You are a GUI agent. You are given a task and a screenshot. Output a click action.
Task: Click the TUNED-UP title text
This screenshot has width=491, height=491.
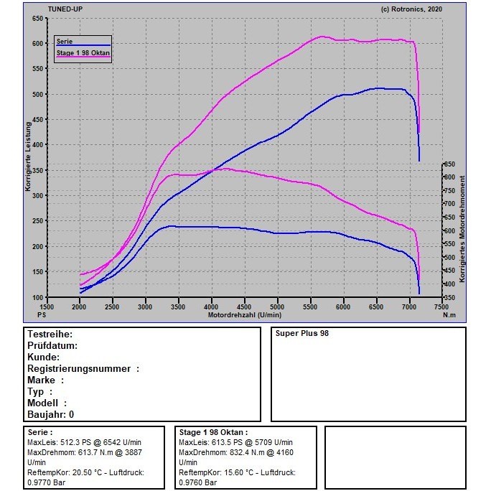click(65, 9)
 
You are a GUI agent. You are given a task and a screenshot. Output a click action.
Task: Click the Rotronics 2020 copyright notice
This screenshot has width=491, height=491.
click(411, 9)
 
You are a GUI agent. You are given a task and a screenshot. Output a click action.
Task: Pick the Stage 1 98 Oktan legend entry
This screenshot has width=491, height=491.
click(83, 53)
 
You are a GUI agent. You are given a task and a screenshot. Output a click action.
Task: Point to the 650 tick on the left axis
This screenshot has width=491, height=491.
click(37, 19)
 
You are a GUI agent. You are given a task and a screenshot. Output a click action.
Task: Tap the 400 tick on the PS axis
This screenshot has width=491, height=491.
click(37, 145)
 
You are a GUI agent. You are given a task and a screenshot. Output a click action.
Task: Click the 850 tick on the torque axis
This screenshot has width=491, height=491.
click(449, 164)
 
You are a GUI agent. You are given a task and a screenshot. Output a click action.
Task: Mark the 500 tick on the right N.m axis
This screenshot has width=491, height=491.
click(449, 258)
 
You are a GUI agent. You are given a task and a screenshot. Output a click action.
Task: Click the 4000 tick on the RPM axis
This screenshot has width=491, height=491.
click(211, 307)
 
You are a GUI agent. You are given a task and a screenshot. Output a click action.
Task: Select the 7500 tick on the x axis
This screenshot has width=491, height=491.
click(441, 307)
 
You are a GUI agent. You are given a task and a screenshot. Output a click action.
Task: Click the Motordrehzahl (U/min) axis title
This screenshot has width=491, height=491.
click(245, 315)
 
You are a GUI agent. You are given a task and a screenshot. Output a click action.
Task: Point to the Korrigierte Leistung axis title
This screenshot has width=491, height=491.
click(28, 156)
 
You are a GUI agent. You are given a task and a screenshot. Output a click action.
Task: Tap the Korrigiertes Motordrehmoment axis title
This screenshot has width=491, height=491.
click(462, 229)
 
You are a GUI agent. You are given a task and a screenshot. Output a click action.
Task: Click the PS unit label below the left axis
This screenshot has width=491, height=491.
click(42, 314)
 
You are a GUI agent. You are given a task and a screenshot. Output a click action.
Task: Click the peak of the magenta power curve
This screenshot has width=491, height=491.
click(322, 37)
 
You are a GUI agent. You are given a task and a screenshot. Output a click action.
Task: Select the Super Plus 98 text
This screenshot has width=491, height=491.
click(302, 333)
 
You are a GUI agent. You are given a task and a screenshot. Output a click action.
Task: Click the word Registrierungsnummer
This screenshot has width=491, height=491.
click(79, 368)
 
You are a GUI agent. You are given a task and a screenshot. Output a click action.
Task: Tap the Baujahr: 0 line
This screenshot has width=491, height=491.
click(51, 414)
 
